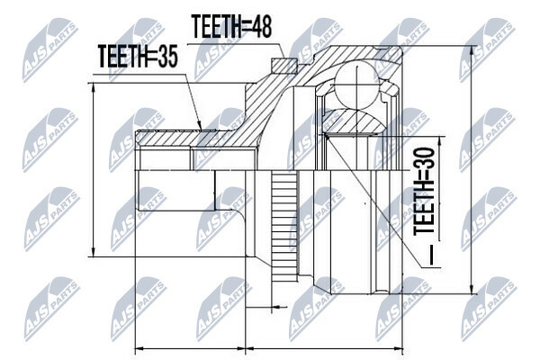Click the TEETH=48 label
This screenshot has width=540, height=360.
point(231,26)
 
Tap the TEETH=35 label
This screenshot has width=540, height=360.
point(138,56)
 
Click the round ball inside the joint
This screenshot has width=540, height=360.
point(357,85)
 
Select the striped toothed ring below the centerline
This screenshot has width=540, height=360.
point(284,226)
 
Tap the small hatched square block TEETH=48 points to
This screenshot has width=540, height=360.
point(284,66)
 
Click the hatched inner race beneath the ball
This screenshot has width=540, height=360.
point(355,121)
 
